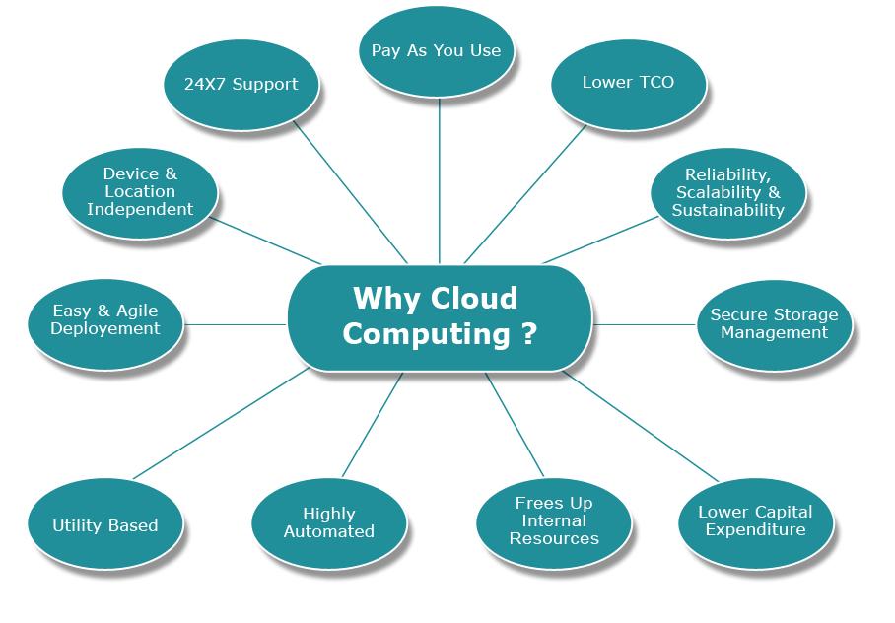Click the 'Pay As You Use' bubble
click(436, 50)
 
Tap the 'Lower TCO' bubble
click(628, 83)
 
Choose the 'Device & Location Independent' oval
click(140, 191)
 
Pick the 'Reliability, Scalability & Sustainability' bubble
click(728, 192)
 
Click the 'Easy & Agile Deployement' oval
click(105, 319)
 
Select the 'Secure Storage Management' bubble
click(774, 323)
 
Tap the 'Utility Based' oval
click(104, 525)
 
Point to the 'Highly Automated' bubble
click(328, 522)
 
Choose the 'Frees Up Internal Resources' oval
click(554, 520)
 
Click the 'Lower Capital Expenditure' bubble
click(755, 520)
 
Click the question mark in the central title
click(528, 333)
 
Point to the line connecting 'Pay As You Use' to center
click(439, 177)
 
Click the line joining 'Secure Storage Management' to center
click(646, 323)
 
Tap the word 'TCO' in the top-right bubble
click(654, 83)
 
